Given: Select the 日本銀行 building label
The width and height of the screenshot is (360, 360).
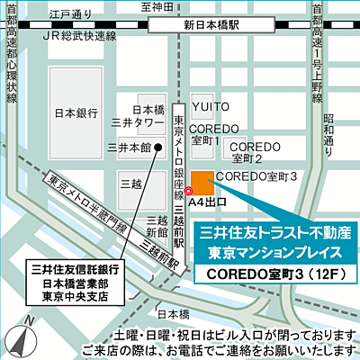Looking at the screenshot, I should pyautogui.click(x=76, y=113).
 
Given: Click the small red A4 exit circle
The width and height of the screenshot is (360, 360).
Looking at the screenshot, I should pyautogui.click(x=189, y=190).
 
